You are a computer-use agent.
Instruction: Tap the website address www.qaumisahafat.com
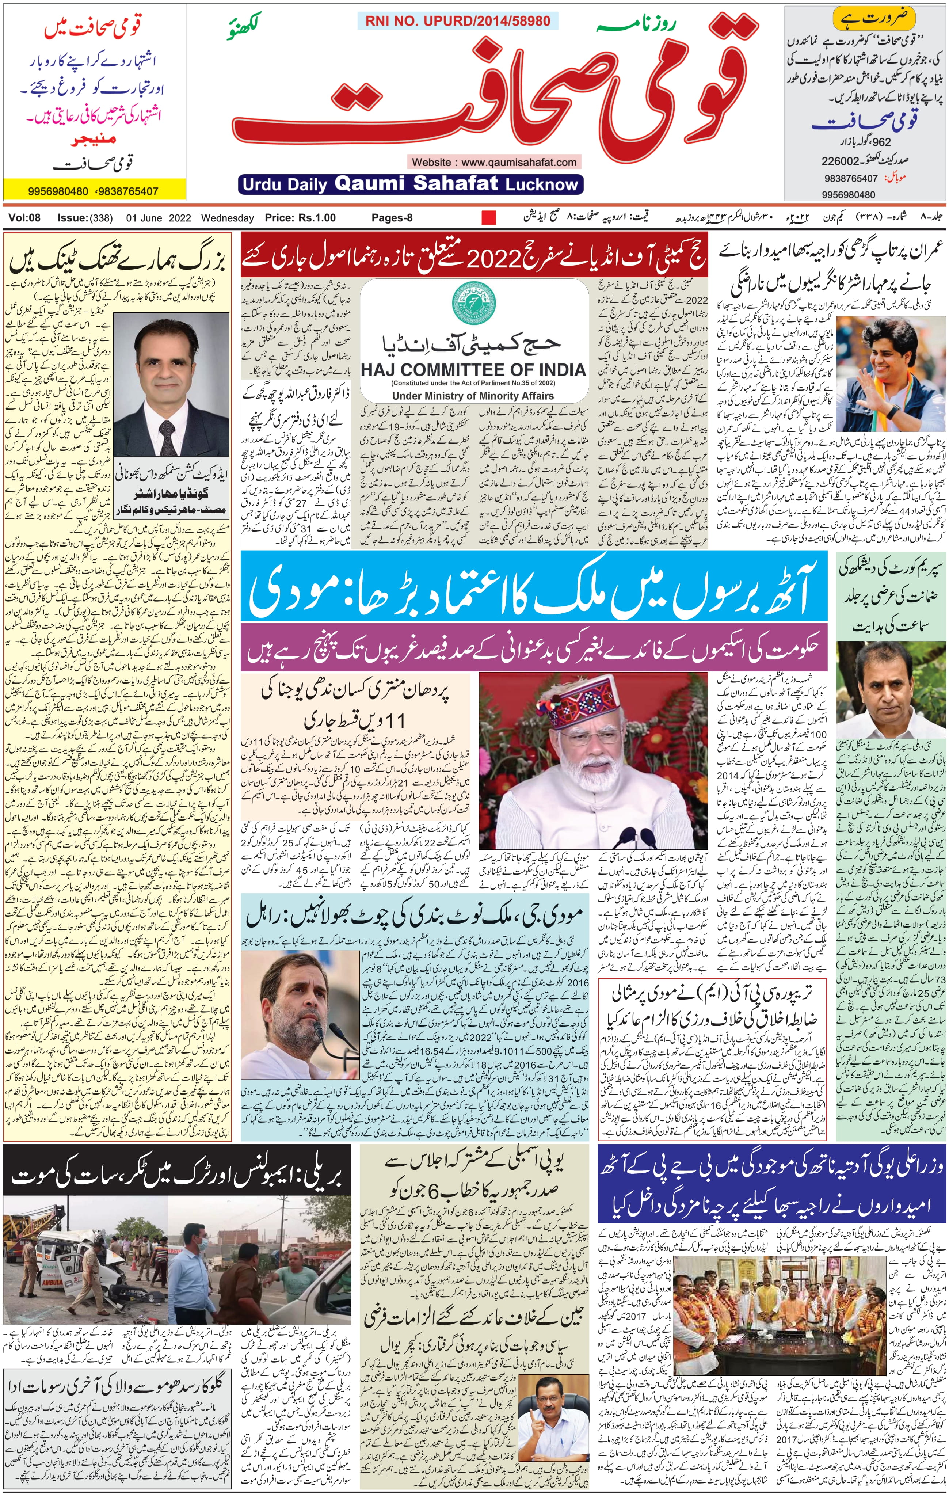pos(494,162)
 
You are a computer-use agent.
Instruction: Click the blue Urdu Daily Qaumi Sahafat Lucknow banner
pos(410,184)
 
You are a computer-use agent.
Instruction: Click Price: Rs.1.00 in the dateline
pos(300,217)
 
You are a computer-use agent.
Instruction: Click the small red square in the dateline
pos(489,217)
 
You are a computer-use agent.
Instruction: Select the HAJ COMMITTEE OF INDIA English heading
pos(473,370)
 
